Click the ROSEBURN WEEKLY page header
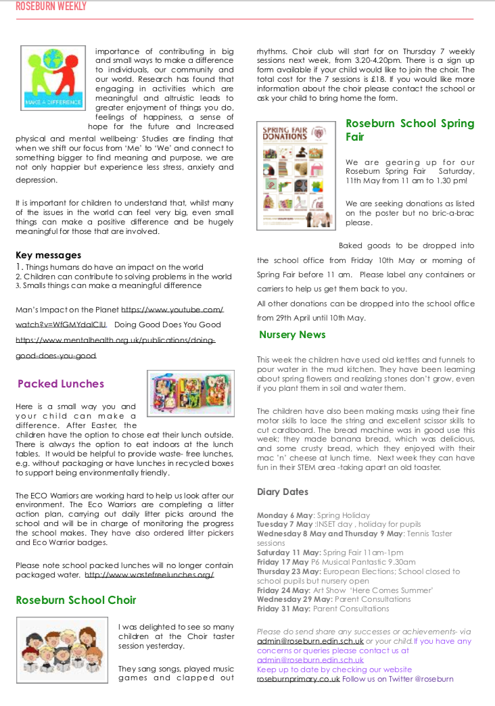click(51, 7)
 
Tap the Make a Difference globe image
click(52, 78)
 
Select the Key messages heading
click(48, 255)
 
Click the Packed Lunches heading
click(61, 383)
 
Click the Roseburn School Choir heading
click(76, 600)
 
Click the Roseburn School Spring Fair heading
click(410, 130)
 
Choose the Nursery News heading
click(292, 335)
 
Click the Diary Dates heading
click(283, 492)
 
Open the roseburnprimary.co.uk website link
click(298, 679)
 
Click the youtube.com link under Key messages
click(172, 310)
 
